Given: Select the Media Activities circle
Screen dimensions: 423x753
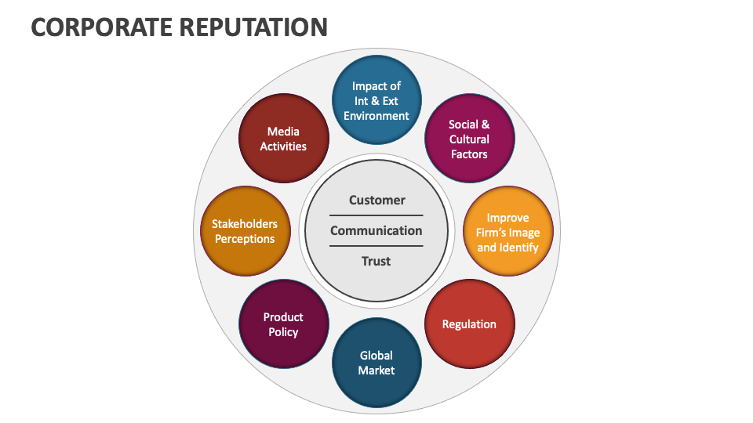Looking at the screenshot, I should [283, 139].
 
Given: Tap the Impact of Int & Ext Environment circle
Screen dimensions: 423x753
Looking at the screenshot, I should [376, 100].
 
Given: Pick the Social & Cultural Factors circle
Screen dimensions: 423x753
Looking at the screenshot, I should [469, 139].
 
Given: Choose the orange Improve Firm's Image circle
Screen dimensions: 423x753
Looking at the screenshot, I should [507, 232].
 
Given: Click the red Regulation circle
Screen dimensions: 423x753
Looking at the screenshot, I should [469, 324].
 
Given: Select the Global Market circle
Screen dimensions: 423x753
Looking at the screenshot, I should [376, 363].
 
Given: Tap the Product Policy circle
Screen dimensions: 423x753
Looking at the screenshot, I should [283, 324].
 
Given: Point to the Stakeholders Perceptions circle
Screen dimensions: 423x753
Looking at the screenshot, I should [245, 232].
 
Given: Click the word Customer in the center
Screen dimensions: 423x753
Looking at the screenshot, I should [376, 201].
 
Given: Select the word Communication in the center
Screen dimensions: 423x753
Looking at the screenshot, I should [376, 231].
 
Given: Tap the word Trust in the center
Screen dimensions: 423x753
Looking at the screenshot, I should [376, 262].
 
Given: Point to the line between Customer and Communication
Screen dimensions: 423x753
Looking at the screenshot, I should [376, 215].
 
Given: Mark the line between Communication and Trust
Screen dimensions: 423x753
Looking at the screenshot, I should [376, 246].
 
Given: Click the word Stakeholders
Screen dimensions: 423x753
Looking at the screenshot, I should [245, 224].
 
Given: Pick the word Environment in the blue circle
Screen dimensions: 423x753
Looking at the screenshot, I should [376, 116].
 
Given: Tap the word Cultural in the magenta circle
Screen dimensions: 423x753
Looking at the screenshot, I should [469, 139].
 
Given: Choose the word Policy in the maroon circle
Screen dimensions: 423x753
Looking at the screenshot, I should [283, 332].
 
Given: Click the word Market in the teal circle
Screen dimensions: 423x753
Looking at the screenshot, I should [376, 371].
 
